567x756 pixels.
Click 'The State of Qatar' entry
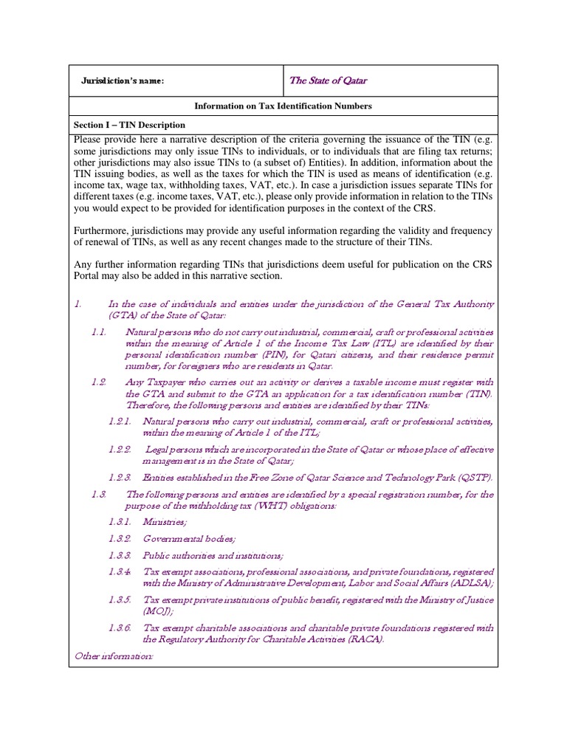click(328, 80)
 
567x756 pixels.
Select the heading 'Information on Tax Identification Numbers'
click(283, 106)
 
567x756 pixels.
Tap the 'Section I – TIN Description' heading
click(128, 126)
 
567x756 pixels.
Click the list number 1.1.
click(100, 333)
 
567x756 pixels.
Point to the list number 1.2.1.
click(120, 421)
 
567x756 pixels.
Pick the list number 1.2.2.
click(120, 449)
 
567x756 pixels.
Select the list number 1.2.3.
click(120, 478)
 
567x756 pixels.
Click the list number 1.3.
click(100, 495)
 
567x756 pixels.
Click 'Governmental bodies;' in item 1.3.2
click(184, 539)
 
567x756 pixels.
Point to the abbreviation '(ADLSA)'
click(470, 583)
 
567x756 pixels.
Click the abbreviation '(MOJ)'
click(157, 611)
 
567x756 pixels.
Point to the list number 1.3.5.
click(120, 600)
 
